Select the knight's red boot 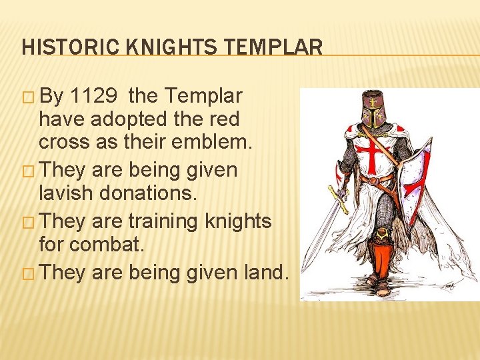[x=381, y=263]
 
